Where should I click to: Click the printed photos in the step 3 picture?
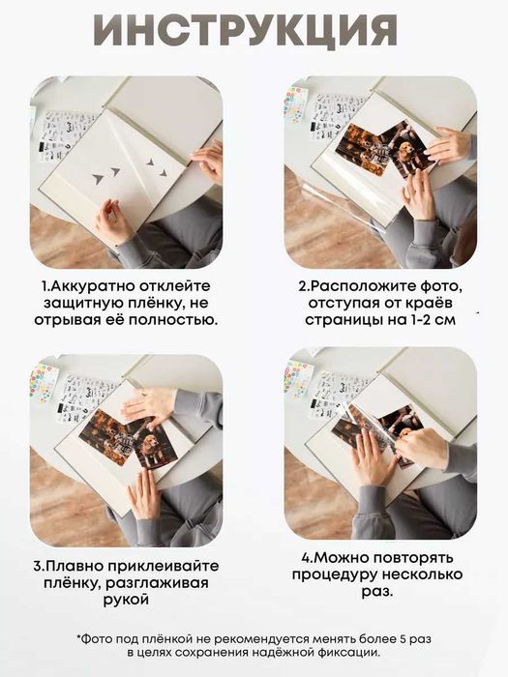pos(126,441)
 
